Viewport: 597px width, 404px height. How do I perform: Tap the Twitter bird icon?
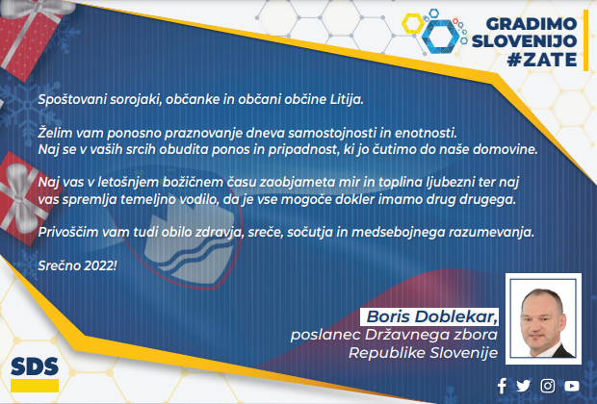click(523, 386)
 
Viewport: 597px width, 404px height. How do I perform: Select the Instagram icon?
click(548, 386)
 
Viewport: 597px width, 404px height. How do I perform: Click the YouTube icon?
click(572, 386)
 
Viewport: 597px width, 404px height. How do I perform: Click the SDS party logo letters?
click(35, 366)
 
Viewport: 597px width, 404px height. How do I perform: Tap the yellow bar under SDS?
click(35, 386)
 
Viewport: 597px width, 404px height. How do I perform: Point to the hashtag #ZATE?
click(542, 60)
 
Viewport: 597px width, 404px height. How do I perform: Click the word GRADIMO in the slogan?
click(532, 24)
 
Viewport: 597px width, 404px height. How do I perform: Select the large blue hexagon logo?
click(440, 37)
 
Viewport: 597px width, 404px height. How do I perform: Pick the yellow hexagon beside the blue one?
click(413, 24)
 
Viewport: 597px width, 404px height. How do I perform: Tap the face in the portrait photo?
click(541, 319)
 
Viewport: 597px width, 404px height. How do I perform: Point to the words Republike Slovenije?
click(424, 353)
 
